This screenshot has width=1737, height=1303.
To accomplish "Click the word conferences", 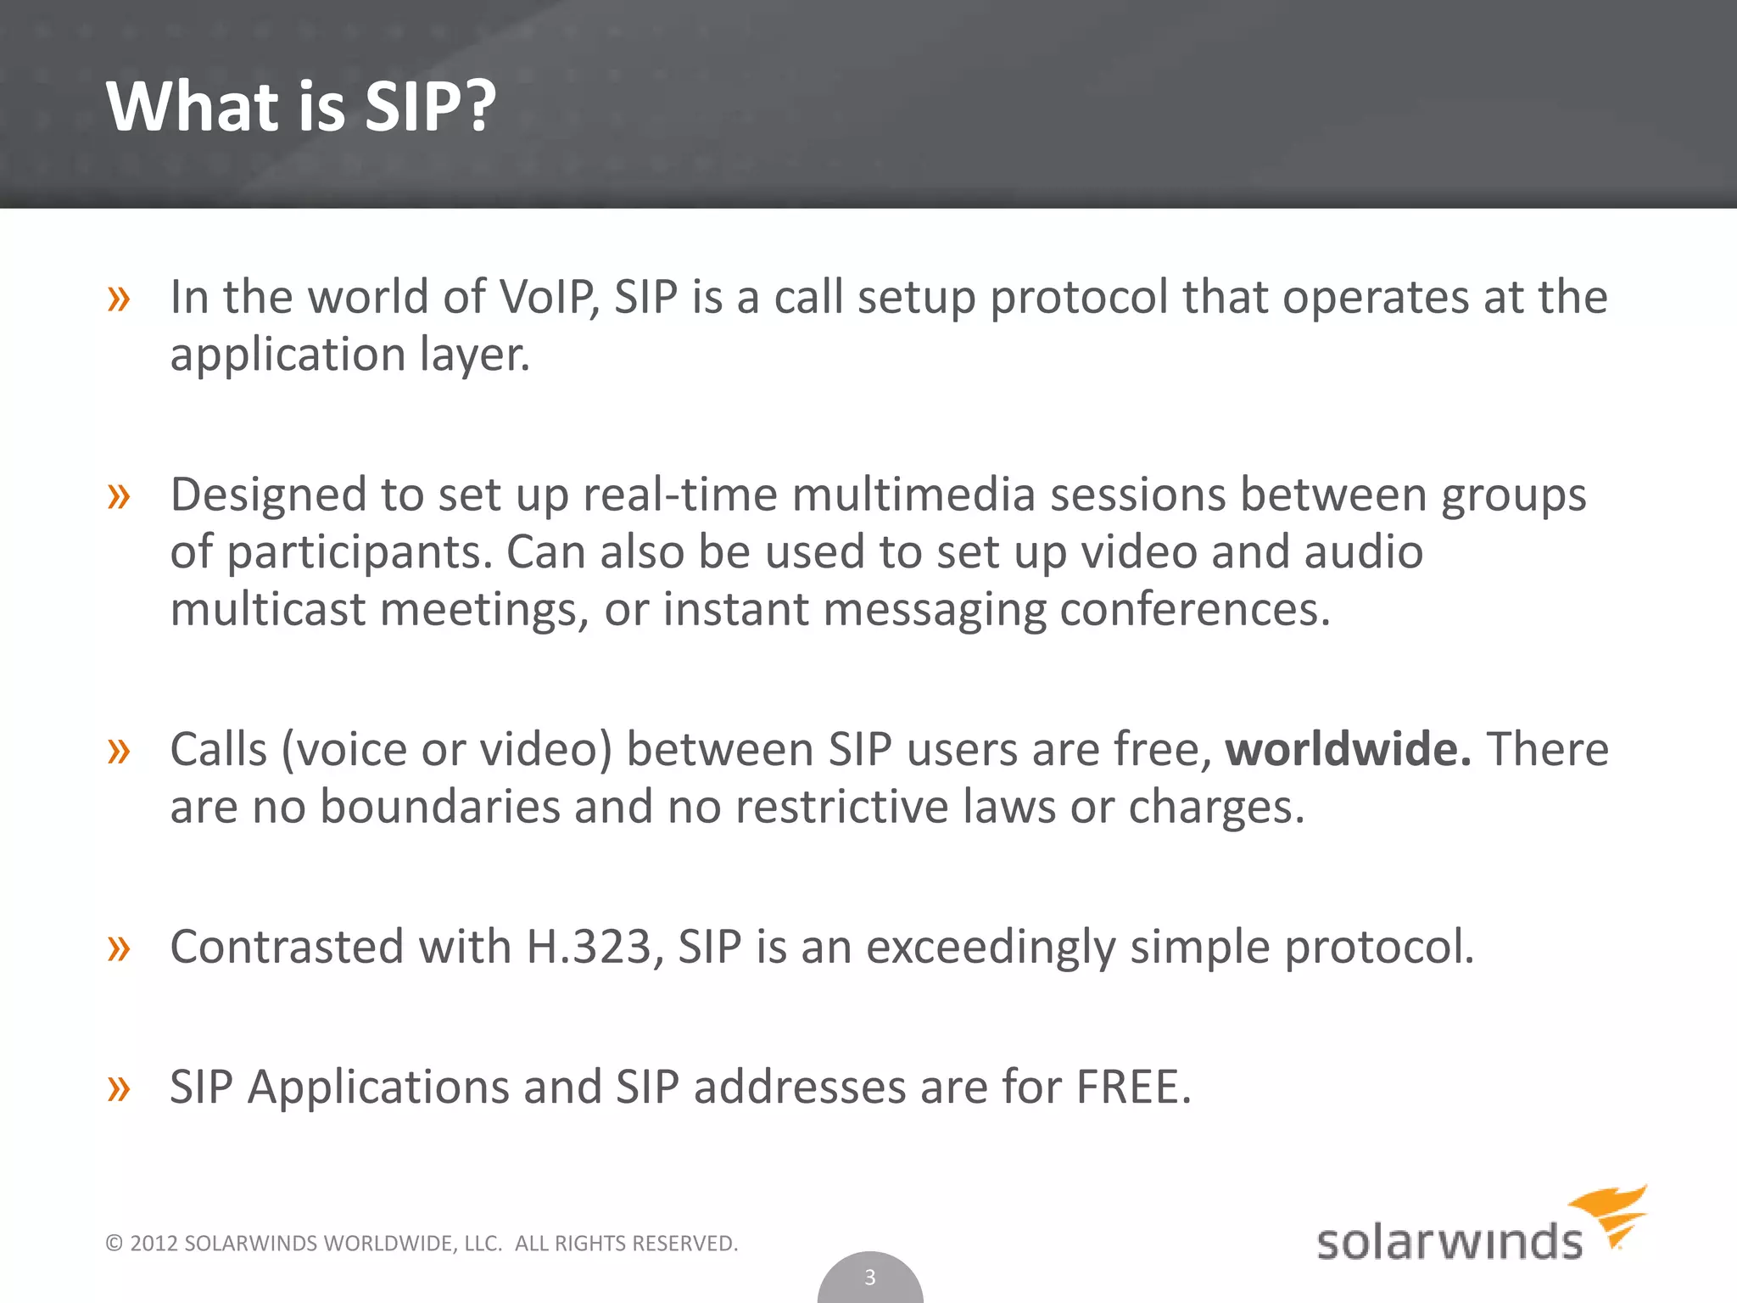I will [x=1194, y=609].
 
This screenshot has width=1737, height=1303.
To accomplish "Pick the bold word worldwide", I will [x=1347, y=749].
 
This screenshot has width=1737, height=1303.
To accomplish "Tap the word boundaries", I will [x=439, y=807].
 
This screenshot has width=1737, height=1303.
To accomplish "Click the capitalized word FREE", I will [x=1132, y=1088].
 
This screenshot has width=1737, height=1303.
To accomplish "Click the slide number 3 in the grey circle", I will [x=869, y=1278].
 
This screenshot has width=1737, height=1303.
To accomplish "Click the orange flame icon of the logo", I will [x=1611, y=1213].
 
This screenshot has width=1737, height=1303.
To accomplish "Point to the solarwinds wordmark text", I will [x=1449, y=1242].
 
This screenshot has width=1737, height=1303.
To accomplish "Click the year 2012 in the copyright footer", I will [x=154, y=1244].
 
